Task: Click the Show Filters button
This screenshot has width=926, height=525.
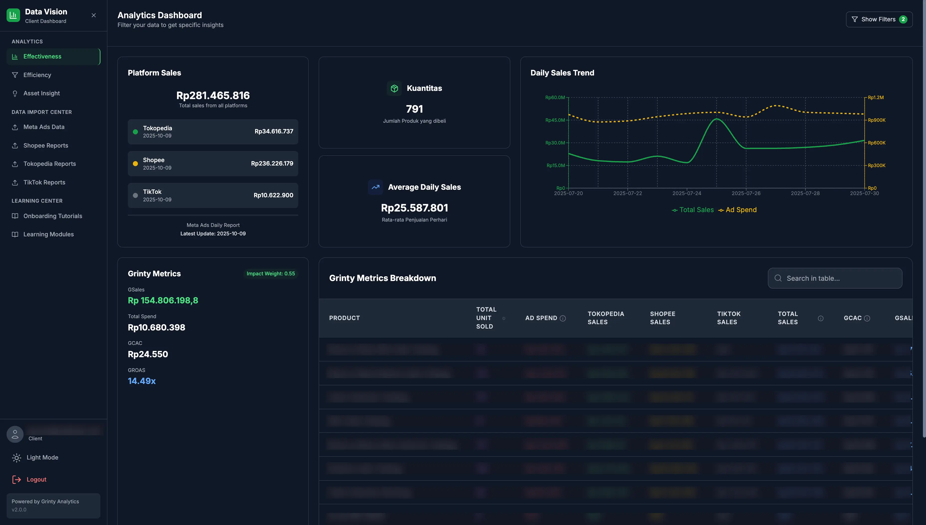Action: pos(879,19)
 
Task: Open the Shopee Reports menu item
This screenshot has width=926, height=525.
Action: pos(45,145)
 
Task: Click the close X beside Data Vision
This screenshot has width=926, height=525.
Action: pos(94,15)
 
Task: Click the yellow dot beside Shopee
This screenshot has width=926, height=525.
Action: pos(135,164)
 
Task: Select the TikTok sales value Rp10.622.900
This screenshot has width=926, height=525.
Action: pos(273,195)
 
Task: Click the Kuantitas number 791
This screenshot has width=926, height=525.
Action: pos(414,109)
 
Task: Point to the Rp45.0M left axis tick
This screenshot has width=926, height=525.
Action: pos(555,120)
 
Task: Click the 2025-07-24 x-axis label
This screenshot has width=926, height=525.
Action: pos(687,193)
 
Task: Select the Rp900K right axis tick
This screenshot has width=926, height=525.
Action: pos(876,120)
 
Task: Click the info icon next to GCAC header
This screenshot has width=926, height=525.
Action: pos(867,318)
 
